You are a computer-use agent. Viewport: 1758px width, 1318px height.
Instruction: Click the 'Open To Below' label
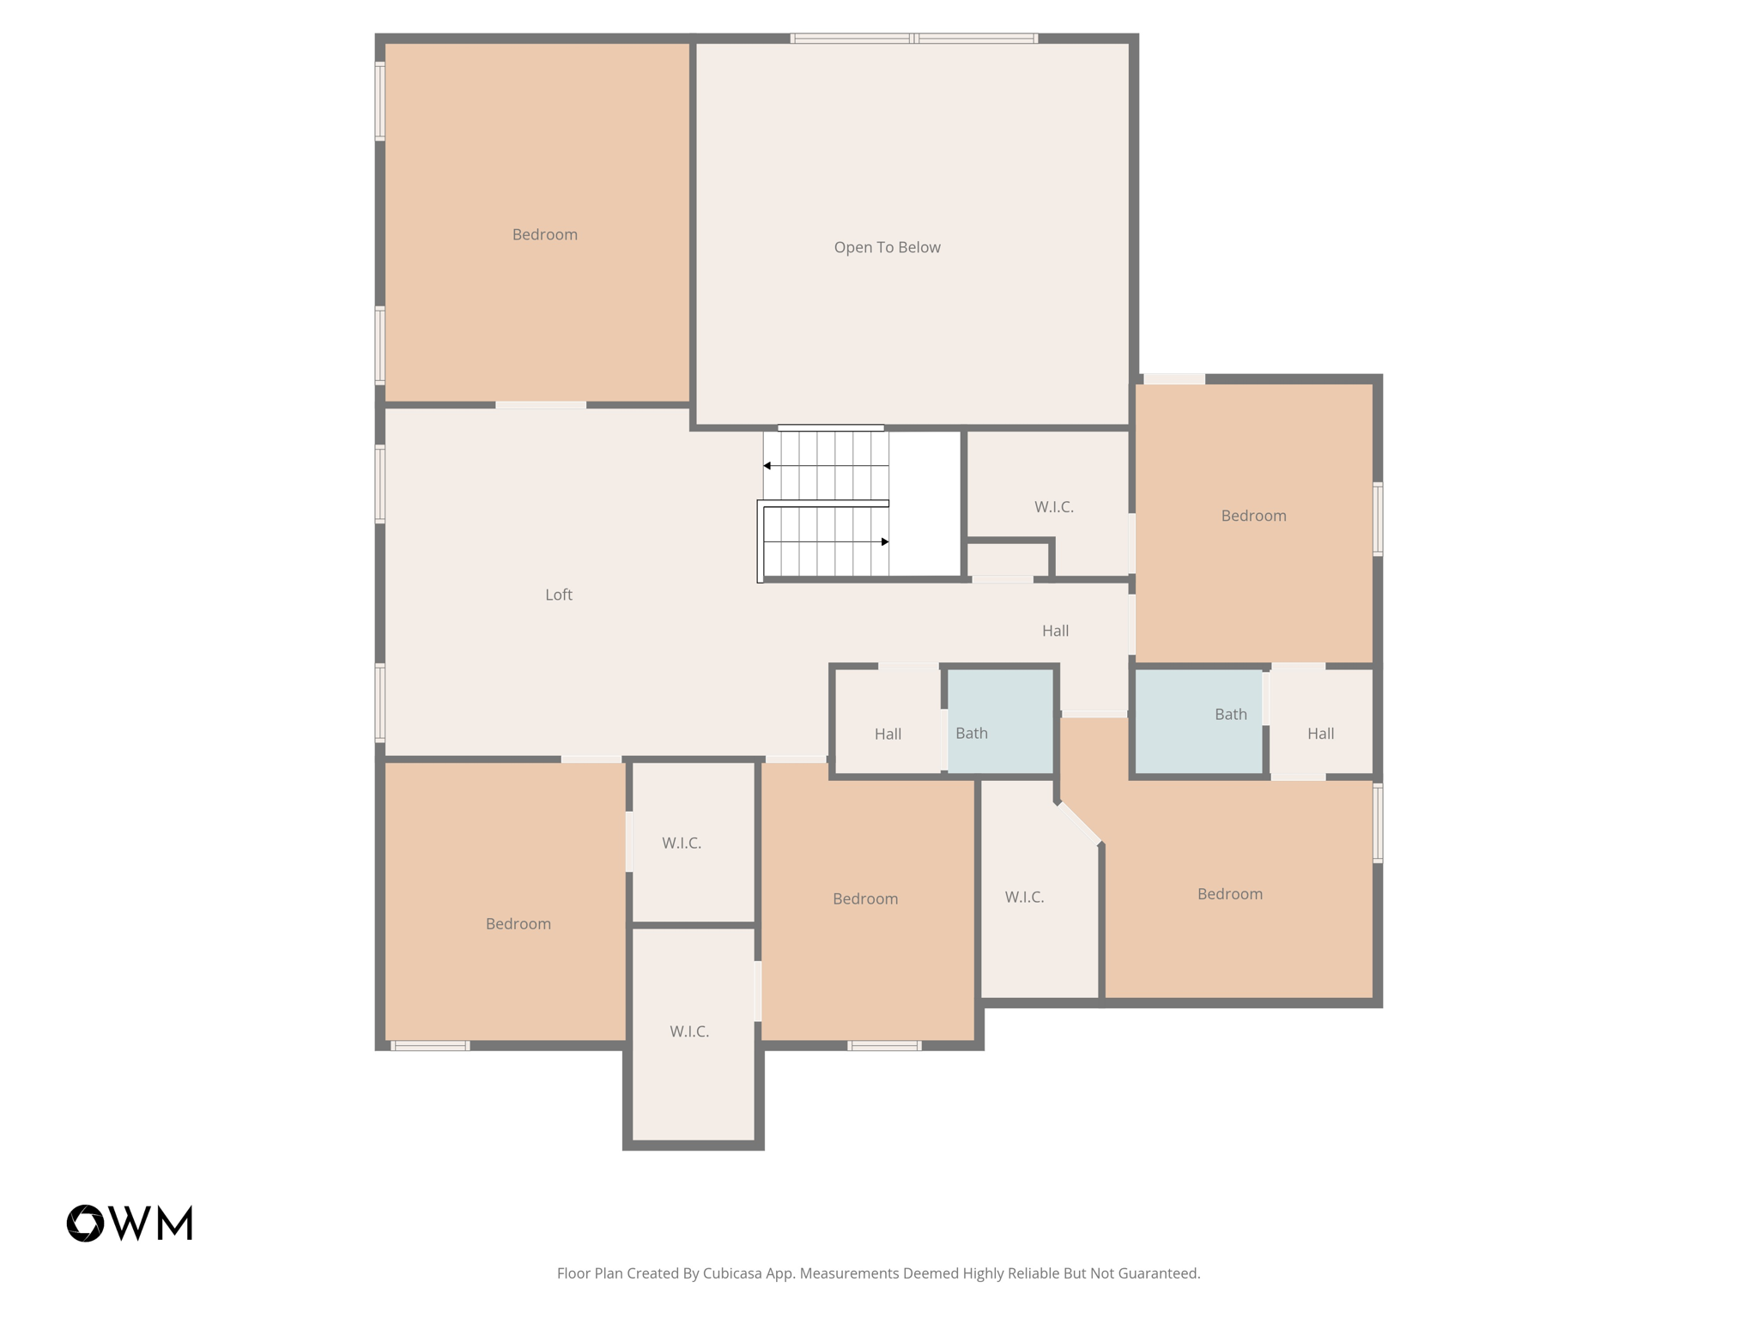[887, 247]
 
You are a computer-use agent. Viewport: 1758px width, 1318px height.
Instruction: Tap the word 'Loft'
[558, 595]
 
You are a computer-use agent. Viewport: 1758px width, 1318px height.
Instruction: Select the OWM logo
[130, 1223]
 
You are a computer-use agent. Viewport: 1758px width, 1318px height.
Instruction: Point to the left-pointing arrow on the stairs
[767, 466]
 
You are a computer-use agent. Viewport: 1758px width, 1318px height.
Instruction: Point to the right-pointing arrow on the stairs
[884, 541]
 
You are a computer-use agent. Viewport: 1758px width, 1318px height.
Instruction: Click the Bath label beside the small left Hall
[971, 733]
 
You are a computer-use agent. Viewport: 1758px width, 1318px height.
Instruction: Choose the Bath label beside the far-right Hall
[1230, 714]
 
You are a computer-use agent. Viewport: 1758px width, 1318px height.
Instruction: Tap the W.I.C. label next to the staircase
[1053, 507]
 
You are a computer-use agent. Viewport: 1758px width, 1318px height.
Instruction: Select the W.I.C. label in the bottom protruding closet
[689, 1031]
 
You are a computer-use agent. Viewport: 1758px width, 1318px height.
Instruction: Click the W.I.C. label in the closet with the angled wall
[1024, 897]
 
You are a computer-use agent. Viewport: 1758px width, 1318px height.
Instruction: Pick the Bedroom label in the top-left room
[544, 234]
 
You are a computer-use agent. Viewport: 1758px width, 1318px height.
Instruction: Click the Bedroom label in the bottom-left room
[518, 923]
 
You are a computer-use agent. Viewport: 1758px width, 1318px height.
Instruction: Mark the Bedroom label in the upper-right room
[1253, 516]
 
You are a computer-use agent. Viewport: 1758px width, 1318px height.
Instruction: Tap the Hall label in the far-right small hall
[1320, 733]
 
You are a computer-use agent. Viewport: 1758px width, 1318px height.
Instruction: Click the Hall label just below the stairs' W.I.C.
[1055, 631]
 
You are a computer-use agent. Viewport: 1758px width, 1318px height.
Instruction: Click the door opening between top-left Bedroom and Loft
[541, 405]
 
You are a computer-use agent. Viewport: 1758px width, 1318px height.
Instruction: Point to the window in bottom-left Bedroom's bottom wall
[430, 1045]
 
